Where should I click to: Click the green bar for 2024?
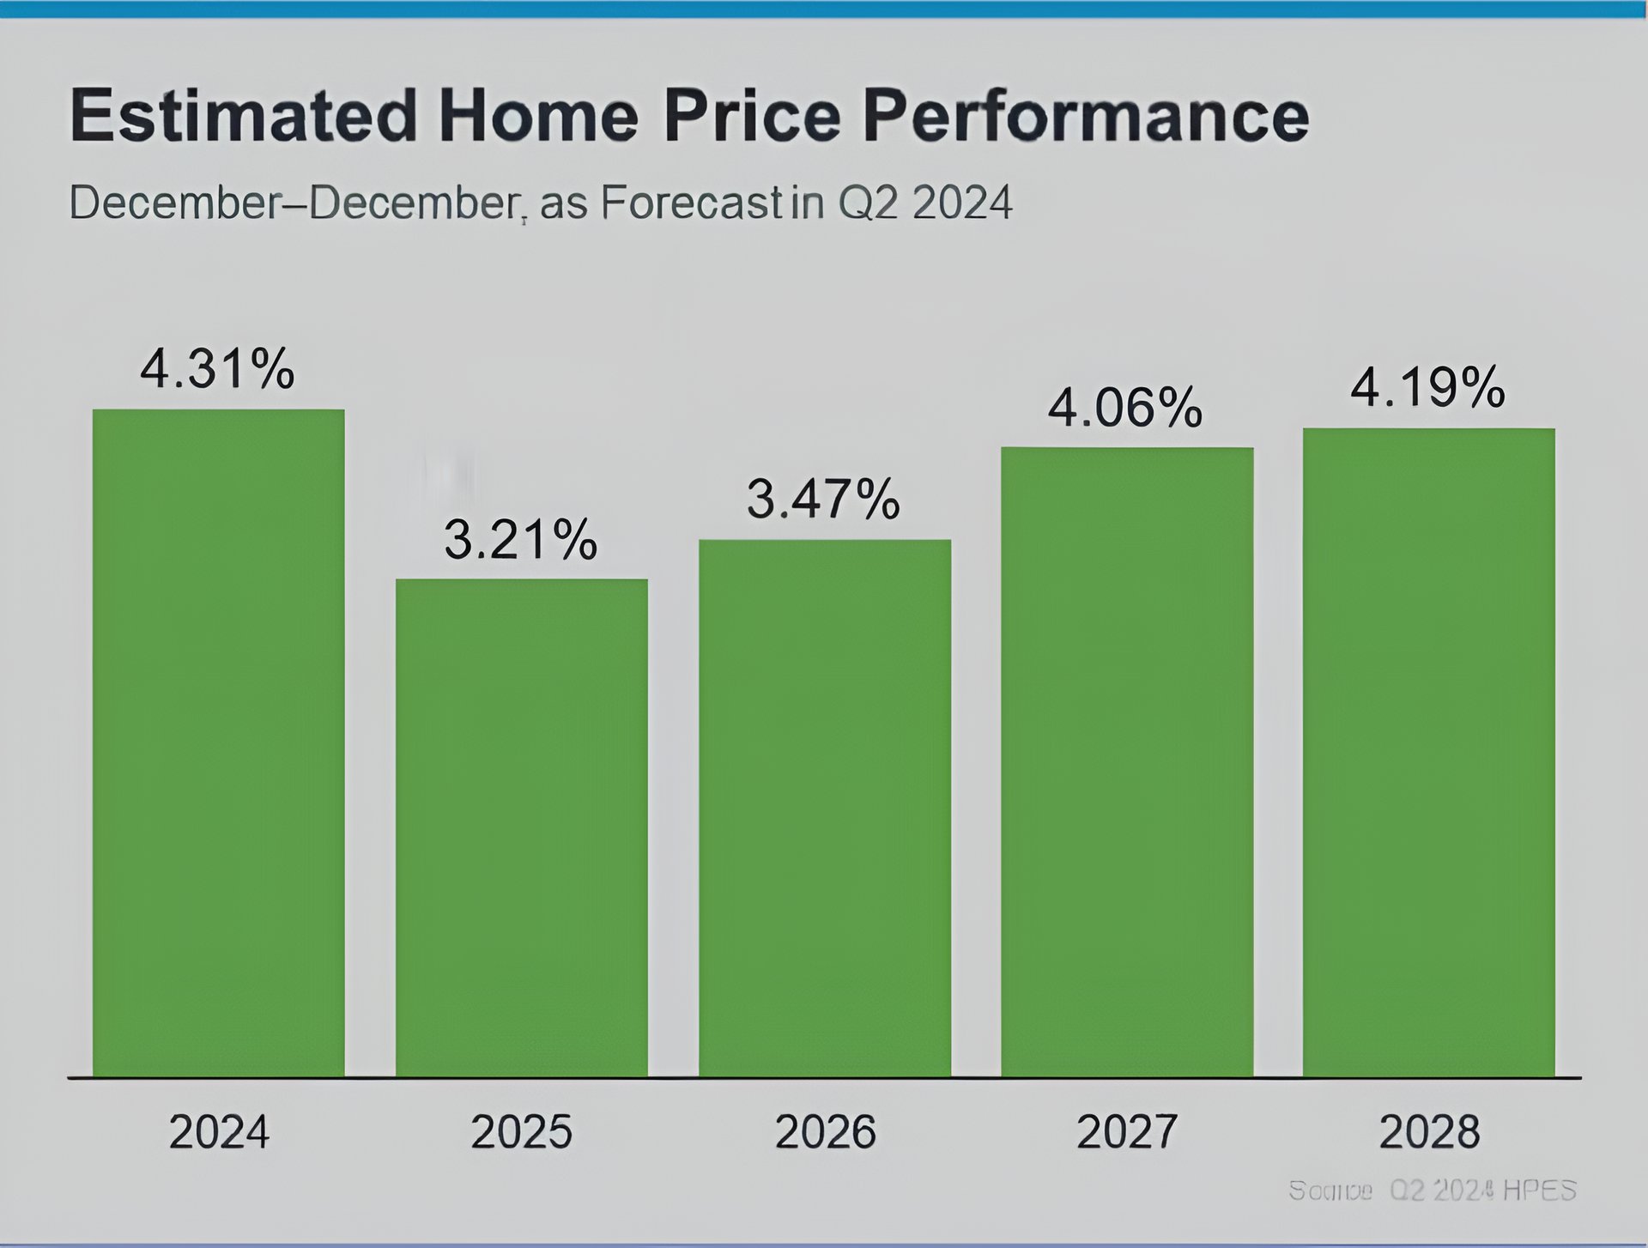218,742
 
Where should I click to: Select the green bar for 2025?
521,827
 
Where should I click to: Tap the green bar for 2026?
824,808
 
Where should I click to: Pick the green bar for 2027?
1126,761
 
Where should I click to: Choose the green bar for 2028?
1428,752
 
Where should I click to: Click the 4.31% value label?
217,370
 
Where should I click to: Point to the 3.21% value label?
520,540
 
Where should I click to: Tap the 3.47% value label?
823,500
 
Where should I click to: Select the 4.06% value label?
1124,407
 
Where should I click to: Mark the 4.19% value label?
1427,388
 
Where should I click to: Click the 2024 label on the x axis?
219,1132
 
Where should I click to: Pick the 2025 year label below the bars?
521,1132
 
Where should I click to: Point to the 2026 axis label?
825,1132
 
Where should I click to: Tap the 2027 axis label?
1126,1132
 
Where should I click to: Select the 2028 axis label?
1429,1132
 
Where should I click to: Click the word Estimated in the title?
243,115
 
